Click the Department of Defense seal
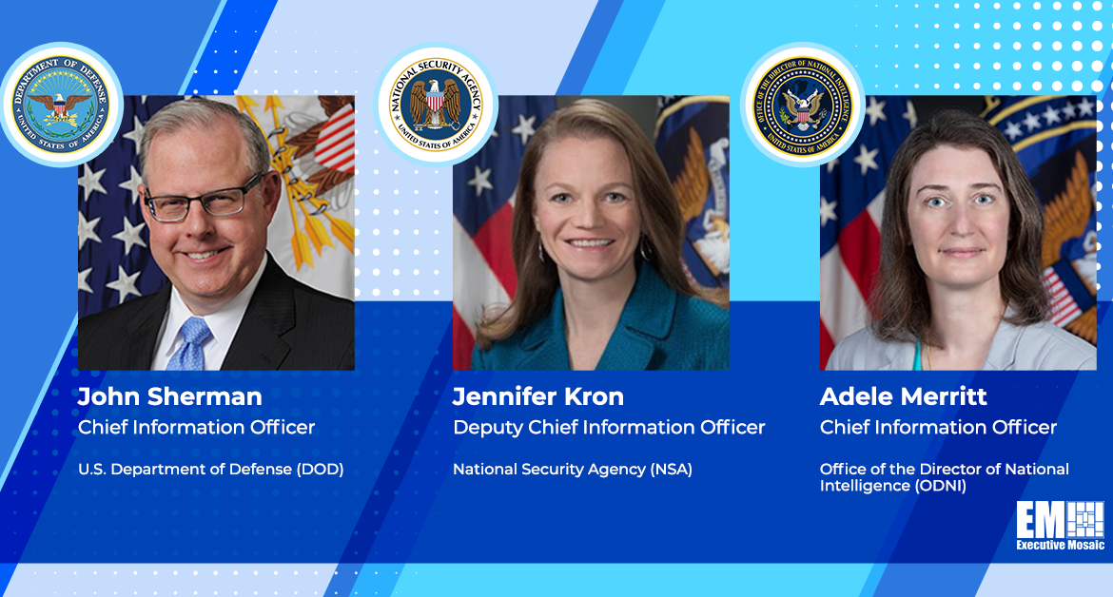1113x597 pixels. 61,105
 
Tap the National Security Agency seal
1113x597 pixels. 436,105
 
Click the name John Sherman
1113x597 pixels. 169,396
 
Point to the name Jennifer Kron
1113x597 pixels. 538,396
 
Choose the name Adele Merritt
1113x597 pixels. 903,396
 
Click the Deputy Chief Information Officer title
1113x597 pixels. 609,427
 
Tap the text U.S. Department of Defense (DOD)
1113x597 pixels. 211,470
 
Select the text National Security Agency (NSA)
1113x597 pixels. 572,470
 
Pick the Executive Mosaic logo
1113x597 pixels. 1060,526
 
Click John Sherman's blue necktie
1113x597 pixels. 191,343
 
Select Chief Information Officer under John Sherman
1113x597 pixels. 196,427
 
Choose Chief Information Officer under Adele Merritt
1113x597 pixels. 938,427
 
